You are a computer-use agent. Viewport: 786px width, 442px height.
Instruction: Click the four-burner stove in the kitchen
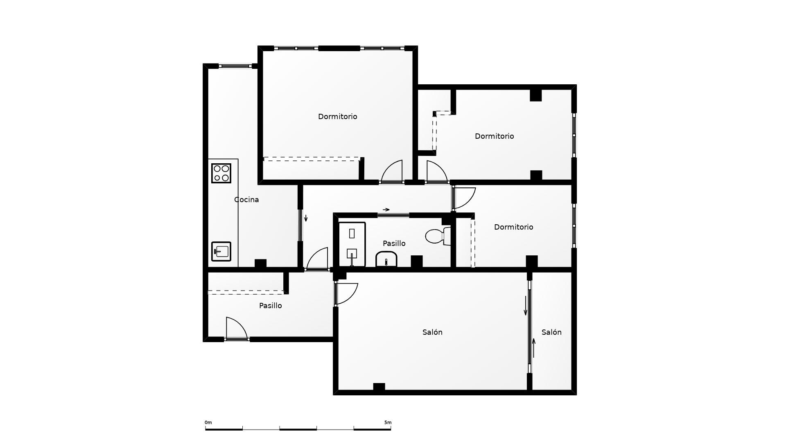tap(221, 173)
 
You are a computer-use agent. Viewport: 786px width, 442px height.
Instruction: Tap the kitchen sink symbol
tap(221, 251)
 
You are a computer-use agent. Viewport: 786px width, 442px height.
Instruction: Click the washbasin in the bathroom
tap(386, 259)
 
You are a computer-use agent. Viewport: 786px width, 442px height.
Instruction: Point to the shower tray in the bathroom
tap(352, 245)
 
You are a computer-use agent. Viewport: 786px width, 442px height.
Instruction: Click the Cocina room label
tap(246, 200)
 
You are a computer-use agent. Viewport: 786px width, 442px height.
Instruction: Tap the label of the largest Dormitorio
tap(337, 117)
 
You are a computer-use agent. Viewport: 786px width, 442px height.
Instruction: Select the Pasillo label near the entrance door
tap(270, 306)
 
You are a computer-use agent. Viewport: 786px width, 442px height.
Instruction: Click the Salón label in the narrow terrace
tap(551, 332)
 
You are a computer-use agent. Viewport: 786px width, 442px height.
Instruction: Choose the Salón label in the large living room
tap(432, 332)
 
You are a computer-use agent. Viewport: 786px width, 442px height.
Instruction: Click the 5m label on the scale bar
tap(387, 423)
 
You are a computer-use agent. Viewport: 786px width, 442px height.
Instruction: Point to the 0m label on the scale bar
tap(208, 423)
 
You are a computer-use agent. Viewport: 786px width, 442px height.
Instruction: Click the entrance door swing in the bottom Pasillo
tap(235, 329)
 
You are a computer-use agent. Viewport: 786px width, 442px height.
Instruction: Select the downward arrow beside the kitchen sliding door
tap(306, 218)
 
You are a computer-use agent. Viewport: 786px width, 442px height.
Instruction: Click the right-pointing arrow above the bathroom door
tap(386, 210)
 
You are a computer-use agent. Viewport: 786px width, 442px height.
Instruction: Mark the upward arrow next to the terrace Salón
tap(533, 347)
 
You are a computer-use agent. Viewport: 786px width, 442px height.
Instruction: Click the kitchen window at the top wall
tap(235, 66)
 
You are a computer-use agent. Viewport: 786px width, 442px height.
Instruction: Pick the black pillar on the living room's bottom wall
tap(379, 387)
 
